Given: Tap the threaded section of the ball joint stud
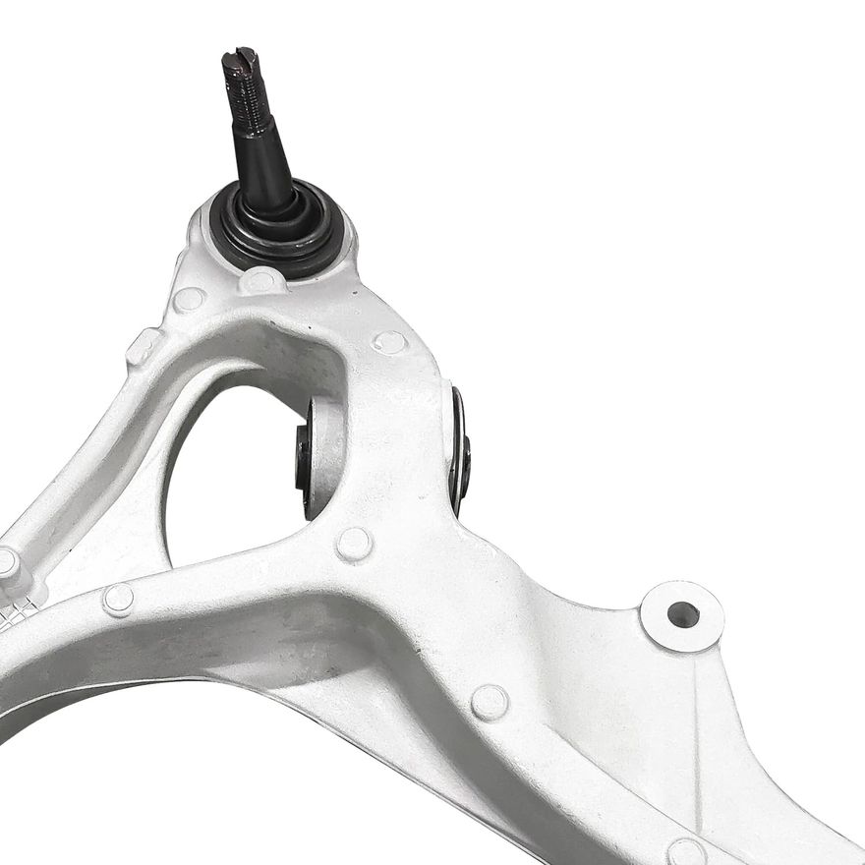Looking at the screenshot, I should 251,103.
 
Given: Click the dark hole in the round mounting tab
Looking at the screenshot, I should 682,615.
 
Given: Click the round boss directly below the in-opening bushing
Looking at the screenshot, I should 354,544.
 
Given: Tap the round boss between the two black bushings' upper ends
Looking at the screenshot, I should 390,341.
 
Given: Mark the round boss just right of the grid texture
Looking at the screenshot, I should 118,599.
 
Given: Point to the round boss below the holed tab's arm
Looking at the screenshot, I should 489,702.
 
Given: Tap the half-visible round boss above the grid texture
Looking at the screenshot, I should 7,563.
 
